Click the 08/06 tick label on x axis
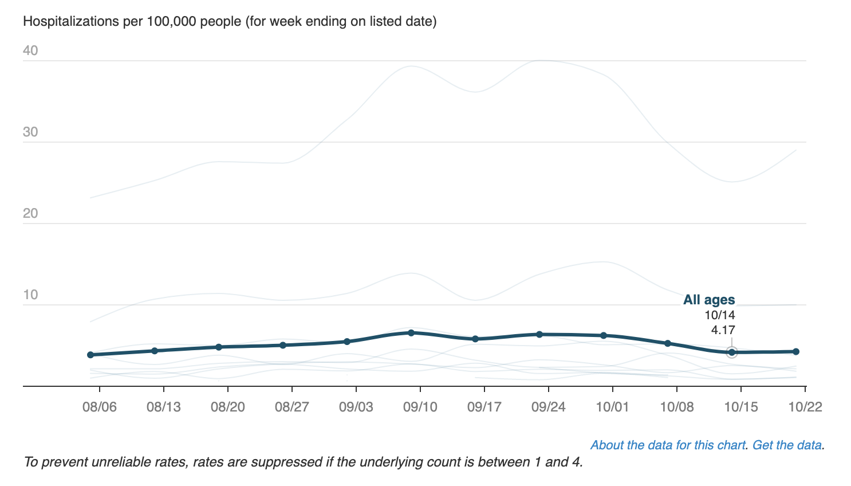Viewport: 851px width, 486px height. [x=99, y=407]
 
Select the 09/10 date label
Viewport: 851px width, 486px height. [x=420, y=407]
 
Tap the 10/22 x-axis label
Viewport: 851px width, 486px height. [x=805, y=407]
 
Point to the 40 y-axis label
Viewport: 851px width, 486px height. [x=30, y=51]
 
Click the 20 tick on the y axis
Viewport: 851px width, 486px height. [x=30, y=214]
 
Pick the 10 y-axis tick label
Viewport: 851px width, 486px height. [x=30, y=295]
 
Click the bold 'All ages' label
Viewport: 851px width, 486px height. [x=709, y=300]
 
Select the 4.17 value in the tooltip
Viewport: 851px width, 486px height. [x=723, y=330]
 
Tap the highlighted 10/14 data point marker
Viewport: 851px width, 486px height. [x=731, y=352]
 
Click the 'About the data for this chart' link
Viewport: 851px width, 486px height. [x=668, y=445]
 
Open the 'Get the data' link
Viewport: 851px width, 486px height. [x=787, y=445]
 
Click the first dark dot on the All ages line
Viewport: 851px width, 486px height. [x=90, y=355]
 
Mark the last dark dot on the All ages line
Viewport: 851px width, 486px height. [x=796, y=351]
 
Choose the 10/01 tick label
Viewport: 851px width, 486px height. [x=612, y=407]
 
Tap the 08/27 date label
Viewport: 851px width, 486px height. [x=291, y=407]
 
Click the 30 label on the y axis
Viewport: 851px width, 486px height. [x=30, y=132]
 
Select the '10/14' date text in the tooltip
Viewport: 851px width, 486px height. [x=720, y=315]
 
